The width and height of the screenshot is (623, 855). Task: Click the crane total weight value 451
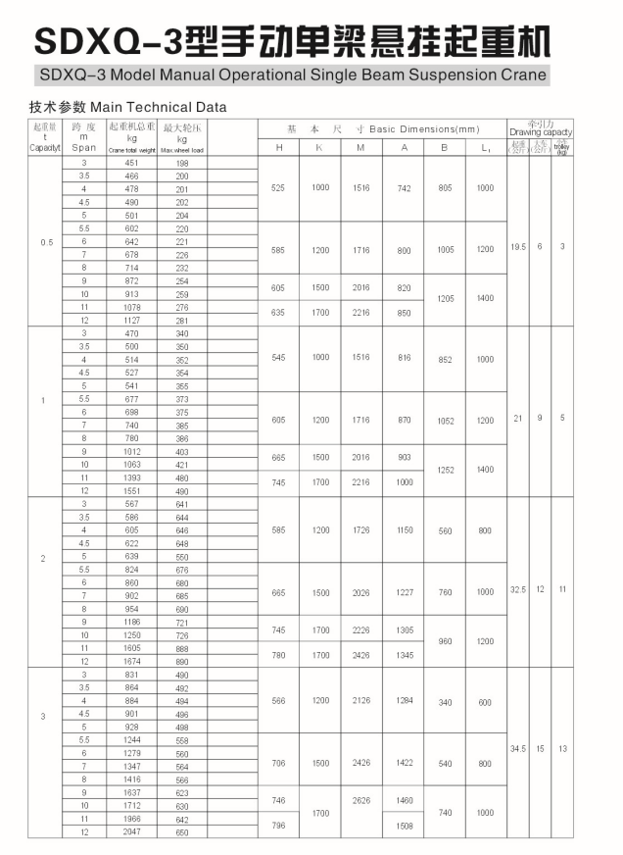(131, 163)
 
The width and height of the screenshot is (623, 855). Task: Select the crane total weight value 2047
(131, 831)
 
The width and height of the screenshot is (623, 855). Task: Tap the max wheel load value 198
(182, 163)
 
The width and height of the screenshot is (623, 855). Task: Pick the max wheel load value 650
(182, 831)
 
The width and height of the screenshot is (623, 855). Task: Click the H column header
(279, 147)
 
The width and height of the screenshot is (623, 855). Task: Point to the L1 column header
(485, 147)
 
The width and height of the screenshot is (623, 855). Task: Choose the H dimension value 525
(279, 187)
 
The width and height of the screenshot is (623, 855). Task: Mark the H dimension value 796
(279, 826)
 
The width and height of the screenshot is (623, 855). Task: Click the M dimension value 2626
(361, 800)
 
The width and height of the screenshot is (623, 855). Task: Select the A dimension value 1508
(404, 826)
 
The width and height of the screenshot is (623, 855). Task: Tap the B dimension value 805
(445, 187)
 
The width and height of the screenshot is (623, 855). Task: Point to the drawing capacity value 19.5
(517, 246)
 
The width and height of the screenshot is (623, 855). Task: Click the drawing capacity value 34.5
(517, 749)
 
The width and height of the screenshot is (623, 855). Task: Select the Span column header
(84, 148)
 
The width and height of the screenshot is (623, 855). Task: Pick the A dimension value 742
(404, 187)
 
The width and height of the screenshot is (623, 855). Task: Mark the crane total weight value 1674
(131, 661)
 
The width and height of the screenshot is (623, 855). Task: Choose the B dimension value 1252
(445, 470)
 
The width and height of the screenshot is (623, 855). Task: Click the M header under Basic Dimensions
(361, 147)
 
